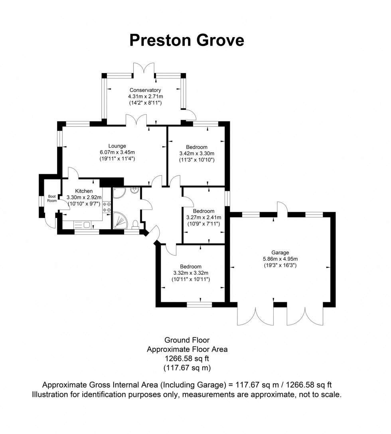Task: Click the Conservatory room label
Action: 144,90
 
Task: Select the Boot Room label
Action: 52,198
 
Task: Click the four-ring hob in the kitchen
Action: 107,206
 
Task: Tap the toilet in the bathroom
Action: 136,224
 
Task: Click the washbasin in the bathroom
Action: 134,190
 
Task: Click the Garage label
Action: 280,252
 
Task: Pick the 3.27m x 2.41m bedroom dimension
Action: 203,218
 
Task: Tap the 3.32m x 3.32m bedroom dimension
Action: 190,273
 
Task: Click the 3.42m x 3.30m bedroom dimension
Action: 197,154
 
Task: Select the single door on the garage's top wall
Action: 282,208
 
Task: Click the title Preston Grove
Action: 187,40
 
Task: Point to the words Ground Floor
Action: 187,340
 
